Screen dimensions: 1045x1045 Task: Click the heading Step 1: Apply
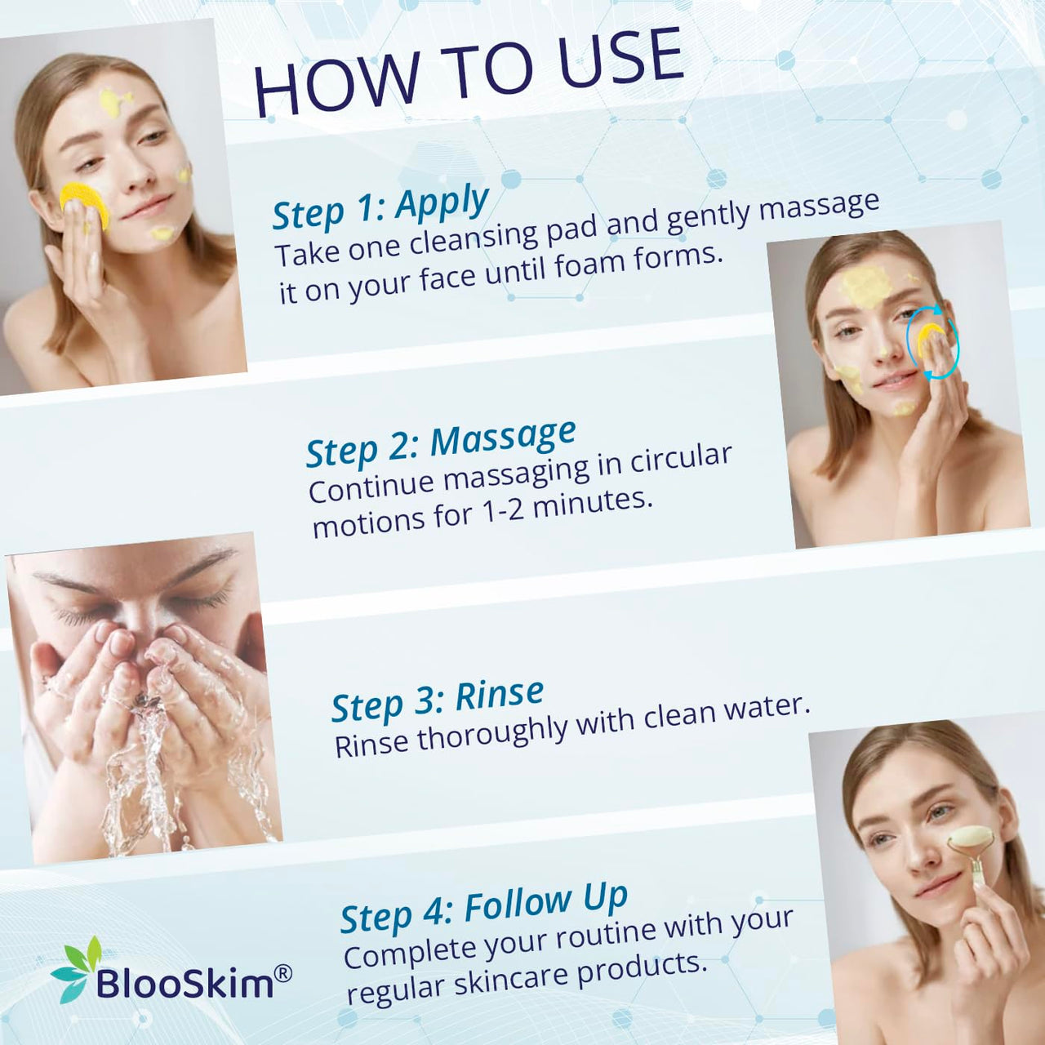pos(380,207)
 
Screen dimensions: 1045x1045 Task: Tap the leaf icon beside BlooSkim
pos(76,969)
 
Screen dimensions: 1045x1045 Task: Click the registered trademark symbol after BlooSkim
pos(283,973)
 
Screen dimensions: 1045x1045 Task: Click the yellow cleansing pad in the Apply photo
pos(85,204)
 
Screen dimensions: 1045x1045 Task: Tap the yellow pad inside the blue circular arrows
pos(930,339)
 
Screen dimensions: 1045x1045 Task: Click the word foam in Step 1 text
pos(585,264)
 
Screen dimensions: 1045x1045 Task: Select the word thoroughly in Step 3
pos(491,731)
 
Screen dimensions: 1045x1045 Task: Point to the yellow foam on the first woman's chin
pos(162,233)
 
